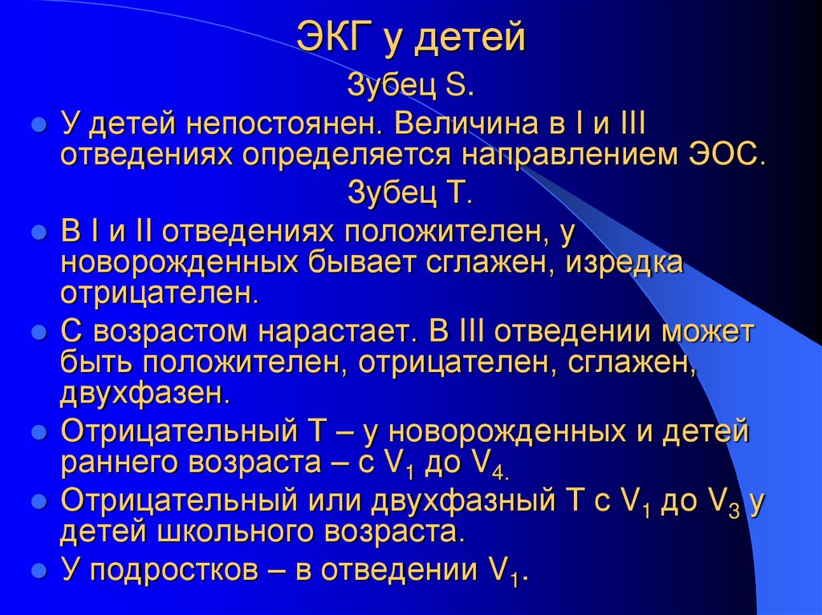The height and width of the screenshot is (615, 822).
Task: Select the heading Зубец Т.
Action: pos(412,193)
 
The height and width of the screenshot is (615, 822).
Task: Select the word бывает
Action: pos(365,262)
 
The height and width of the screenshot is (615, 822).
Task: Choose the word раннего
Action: pos(117,463)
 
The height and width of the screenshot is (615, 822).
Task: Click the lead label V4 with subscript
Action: pos(486,465)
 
